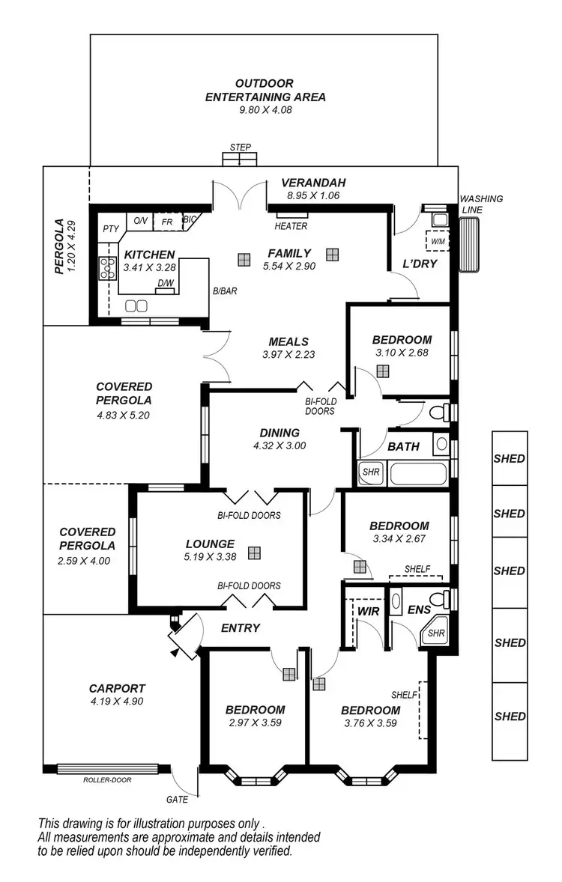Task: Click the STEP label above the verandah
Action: [x=241, y=147]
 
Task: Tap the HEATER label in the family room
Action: [x=291, y=226]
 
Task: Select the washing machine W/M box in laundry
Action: [x=437, y=241]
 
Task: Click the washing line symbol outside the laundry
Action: [x=471, y=246]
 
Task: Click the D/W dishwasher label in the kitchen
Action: [x=165, y=283]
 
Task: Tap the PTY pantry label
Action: [x=111, y=229]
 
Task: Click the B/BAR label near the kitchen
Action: [x=224, y=292]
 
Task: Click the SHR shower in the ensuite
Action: [x=435, y=633]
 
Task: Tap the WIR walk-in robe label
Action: [x=368, y=612]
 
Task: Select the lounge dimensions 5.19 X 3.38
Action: [x=211, y=556]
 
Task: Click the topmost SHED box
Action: [x=510, y=459]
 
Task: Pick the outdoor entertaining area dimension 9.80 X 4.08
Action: [x=260, y=109]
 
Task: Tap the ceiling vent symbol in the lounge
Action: [x=255, y=553]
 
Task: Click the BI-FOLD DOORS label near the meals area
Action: [x=321, y=406]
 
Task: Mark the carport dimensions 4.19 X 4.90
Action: [x=116, y=702]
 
